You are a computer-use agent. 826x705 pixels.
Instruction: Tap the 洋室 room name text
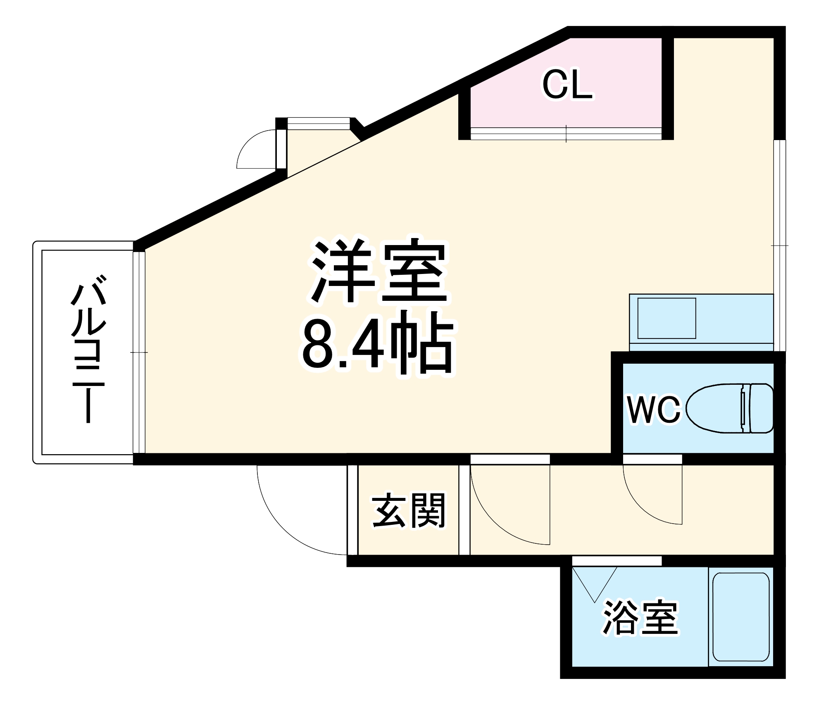379,271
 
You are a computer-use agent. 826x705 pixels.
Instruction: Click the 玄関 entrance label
409,510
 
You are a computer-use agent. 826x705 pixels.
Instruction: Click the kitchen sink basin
667,318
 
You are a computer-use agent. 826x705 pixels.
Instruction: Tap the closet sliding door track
566,133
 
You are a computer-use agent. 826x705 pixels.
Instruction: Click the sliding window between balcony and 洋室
139,352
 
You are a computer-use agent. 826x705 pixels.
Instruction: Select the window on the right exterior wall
779,245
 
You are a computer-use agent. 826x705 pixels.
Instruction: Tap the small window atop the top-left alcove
318,124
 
